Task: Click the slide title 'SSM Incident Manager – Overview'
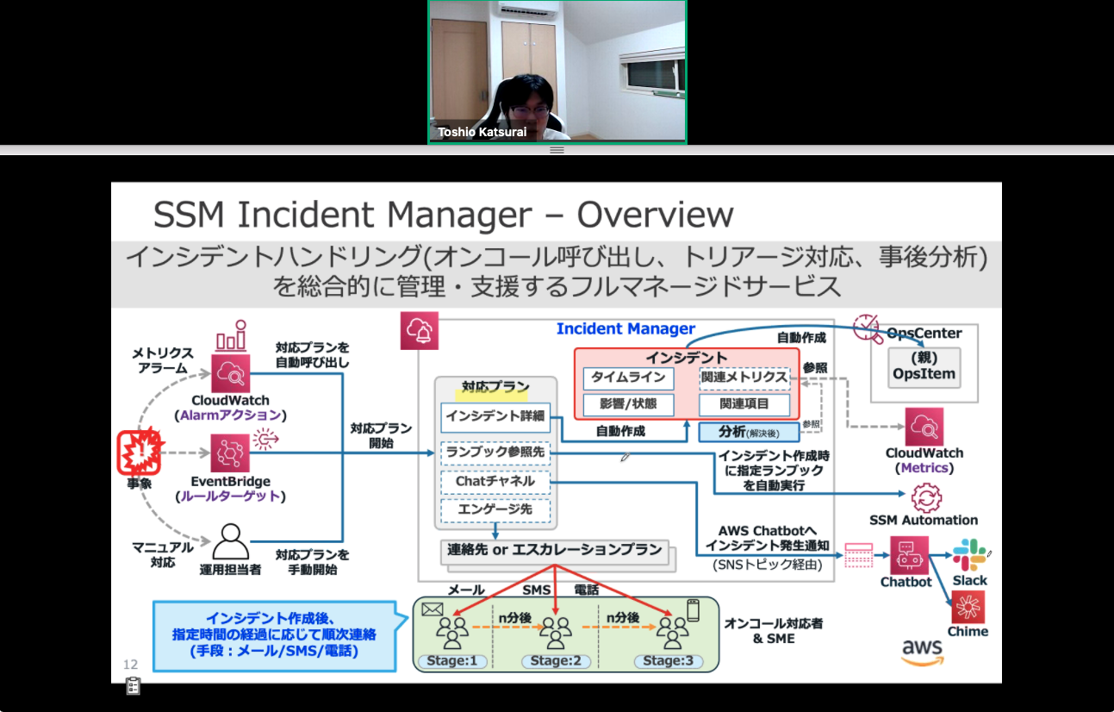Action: (x=443, y=215)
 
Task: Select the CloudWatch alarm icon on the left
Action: (x=230, y=374)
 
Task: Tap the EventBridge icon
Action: (x=230, y=453)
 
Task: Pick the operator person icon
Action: (x=230, y=542)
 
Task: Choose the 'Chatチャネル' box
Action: (x=495, y=481)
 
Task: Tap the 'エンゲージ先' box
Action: (x=495, y=509)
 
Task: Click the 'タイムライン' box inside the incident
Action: (x=629, y=378)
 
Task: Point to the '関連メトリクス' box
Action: (x=744, y=378)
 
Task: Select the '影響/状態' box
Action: (x=629, y=403)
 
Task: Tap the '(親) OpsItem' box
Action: (x=924, y=367)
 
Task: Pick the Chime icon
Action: (x=968, y=608)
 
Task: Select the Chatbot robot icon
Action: (x=906, y=556)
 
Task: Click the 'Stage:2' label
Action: (x=556, y=661)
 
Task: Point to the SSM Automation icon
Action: (x=927, y=498)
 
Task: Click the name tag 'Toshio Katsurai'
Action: (x=482, y=132)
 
